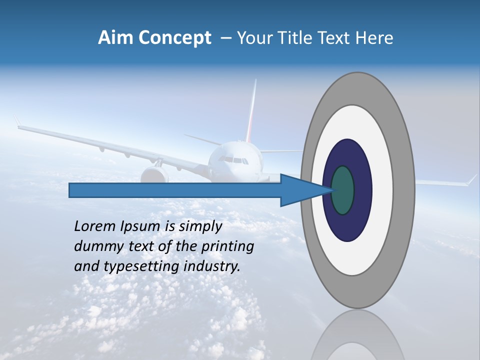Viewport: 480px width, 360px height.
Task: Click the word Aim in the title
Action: point(115,38)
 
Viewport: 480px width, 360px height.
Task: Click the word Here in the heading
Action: point(374,38)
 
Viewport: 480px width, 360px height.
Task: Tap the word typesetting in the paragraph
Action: point(141,266)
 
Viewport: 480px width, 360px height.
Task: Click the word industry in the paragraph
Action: point(212,266)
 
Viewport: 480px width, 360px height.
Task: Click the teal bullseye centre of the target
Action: point(343,190)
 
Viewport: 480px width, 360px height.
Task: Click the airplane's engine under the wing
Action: point(154,174)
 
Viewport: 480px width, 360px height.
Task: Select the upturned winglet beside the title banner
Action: point(17,121)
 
